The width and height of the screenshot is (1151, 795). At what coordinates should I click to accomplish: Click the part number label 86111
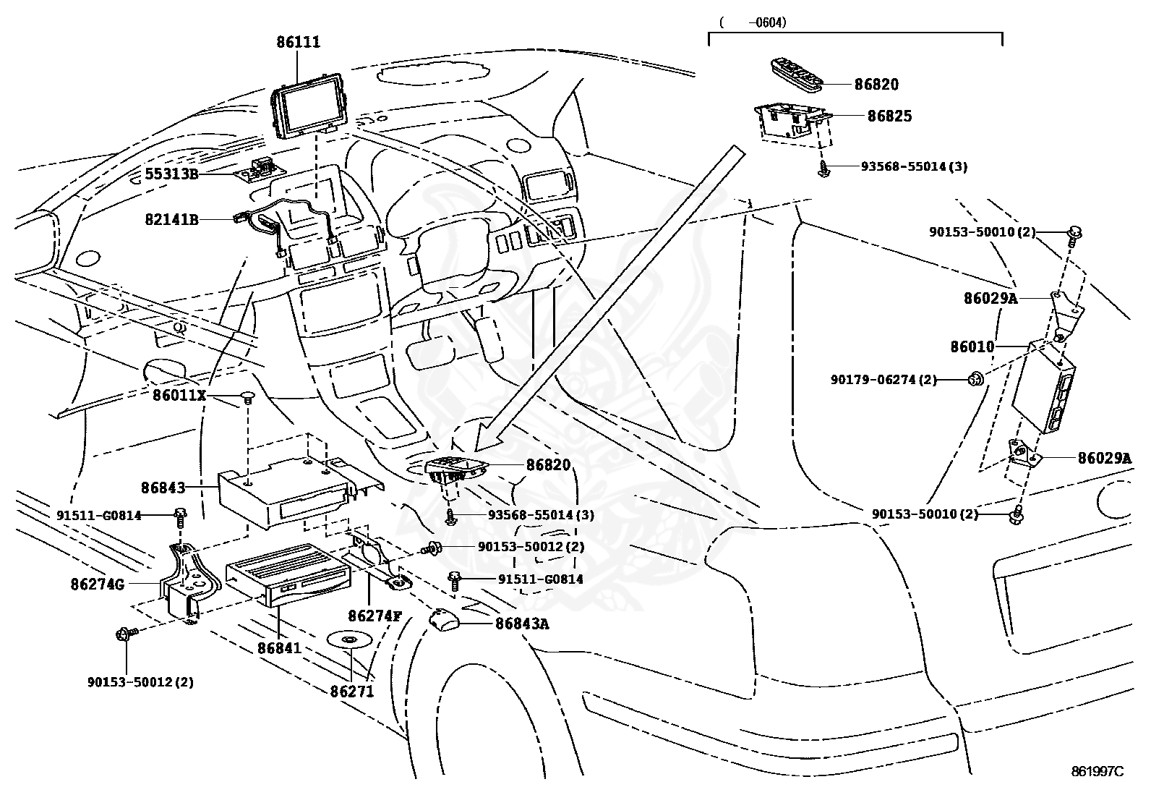(x=298, y=42)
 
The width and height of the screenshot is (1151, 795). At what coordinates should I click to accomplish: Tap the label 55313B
(x=171, y=174)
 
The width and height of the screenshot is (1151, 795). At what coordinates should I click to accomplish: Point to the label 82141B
(x=171, y=219)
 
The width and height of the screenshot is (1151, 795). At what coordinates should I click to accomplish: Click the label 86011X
(x=179, y=395)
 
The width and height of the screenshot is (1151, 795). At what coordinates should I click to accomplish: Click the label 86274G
(x=97, y=583)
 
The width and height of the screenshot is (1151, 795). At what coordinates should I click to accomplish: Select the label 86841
(x=279, y=648)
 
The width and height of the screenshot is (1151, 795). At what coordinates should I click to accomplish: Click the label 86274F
(x=374, y=616)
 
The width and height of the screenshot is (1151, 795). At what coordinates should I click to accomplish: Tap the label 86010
(x=972, y=347)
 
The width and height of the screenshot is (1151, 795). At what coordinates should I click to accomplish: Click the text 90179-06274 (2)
(x=883, y=379)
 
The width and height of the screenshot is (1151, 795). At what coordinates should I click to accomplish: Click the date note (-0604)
(x=753, y=22)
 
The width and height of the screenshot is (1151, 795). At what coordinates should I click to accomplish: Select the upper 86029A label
(x=990, y=298)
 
